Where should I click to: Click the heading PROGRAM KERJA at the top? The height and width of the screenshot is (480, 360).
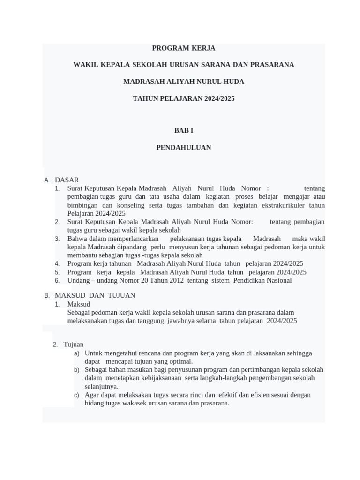[183, 48]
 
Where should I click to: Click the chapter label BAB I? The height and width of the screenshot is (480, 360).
[183, 130]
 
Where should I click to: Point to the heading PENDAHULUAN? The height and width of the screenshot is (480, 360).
[183, 147]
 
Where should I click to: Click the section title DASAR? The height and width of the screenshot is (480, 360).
[67, 180]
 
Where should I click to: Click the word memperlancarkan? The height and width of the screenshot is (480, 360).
[130, 239]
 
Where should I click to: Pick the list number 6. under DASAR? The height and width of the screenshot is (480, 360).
[57, 281]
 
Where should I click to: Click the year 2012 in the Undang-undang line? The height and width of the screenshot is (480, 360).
[175, 280]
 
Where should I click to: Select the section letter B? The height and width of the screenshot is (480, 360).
[47, 296]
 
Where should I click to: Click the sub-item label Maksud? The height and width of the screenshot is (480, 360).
[79, 304]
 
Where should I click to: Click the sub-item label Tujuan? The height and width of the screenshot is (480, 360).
[74, 345]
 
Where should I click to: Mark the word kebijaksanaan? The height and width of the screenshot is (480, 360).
[158, 378]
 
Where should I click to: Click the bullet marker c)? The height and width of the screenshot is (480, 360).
[77, 395]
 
